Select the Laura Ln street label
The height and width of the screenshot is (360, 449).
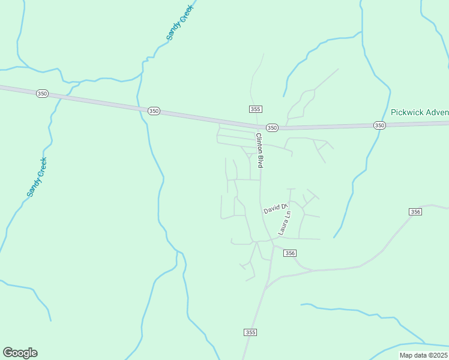tap(285, 223)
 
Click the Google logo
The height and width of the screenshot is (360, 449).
tap(20, 353)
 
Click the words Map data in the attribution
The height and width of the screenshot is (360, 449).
tap(412, 355)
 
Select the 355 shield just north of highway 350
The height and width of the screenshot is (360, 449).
tap(255, 109)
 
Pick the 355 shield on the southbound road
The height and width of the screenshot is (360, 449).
tap(250, 332)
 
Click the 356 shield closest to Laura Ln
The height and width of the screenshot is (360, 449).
tap(291, 253)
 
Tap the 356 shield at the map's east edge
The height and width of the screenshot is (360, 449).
tap(415, 212)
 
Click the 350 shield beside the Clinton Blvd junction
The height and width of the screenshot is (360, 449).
tap(272, 128)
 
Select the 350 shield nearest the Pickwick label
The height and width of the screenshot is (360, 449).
tap(379, 125)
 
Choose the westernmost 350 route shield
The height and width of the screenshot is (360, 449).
tap(41, 94)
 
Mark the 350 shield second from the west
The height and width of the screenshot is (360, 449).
tap(154, 111)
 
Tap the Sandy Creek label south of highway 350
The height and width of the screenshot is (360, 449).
tap(37, 178)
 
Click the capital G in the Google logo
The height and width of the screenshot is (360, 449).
tap(8, 353)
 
